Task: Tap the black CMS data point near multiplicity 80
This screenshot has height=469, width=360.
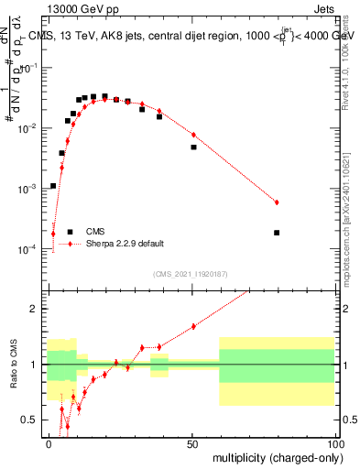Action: (x=277, y=233)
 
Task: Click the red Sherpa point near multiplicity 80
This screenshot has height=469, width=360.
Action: (x=277, y=202)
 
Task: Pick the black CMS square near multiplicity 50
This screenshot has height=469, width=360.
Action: (x=193, y=147)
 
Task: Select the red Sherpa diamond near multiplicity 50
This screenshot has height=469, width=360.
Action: (x=193, y=135)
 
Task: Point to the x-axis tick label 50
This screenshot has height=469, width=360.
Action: (x=191, y=444)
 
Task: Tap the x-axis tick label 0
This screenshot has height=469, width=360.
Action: (x=49, y=444)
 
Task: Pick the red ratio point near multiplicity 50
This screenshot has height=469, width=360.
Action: (x=193, y=326)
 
